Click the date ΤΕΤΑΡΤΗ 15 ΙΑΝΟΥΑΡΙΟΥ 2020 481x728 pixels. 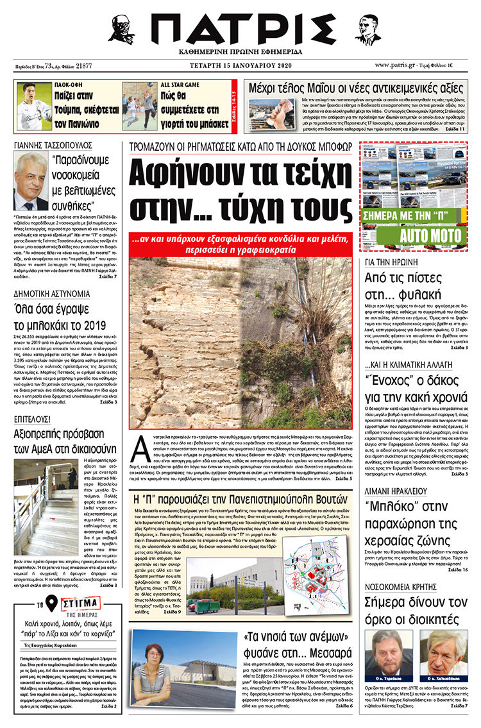[240, 65]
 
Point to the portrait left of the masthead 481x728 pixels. [121, 29]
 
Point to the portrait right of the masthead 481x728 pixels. [367, 29]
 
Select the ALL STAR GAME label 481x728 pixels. [180, 85]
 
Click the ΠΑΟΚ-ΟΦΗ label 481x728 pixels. [71, 85]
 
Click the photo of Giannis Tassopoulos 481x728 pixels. [31, 182]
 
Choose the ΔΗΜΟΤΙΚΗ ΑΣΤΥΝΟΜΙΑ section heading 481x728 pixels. [52, 294]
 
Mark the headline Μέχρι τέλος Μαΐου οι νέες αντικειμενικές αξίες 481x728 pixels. [360, 87]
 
